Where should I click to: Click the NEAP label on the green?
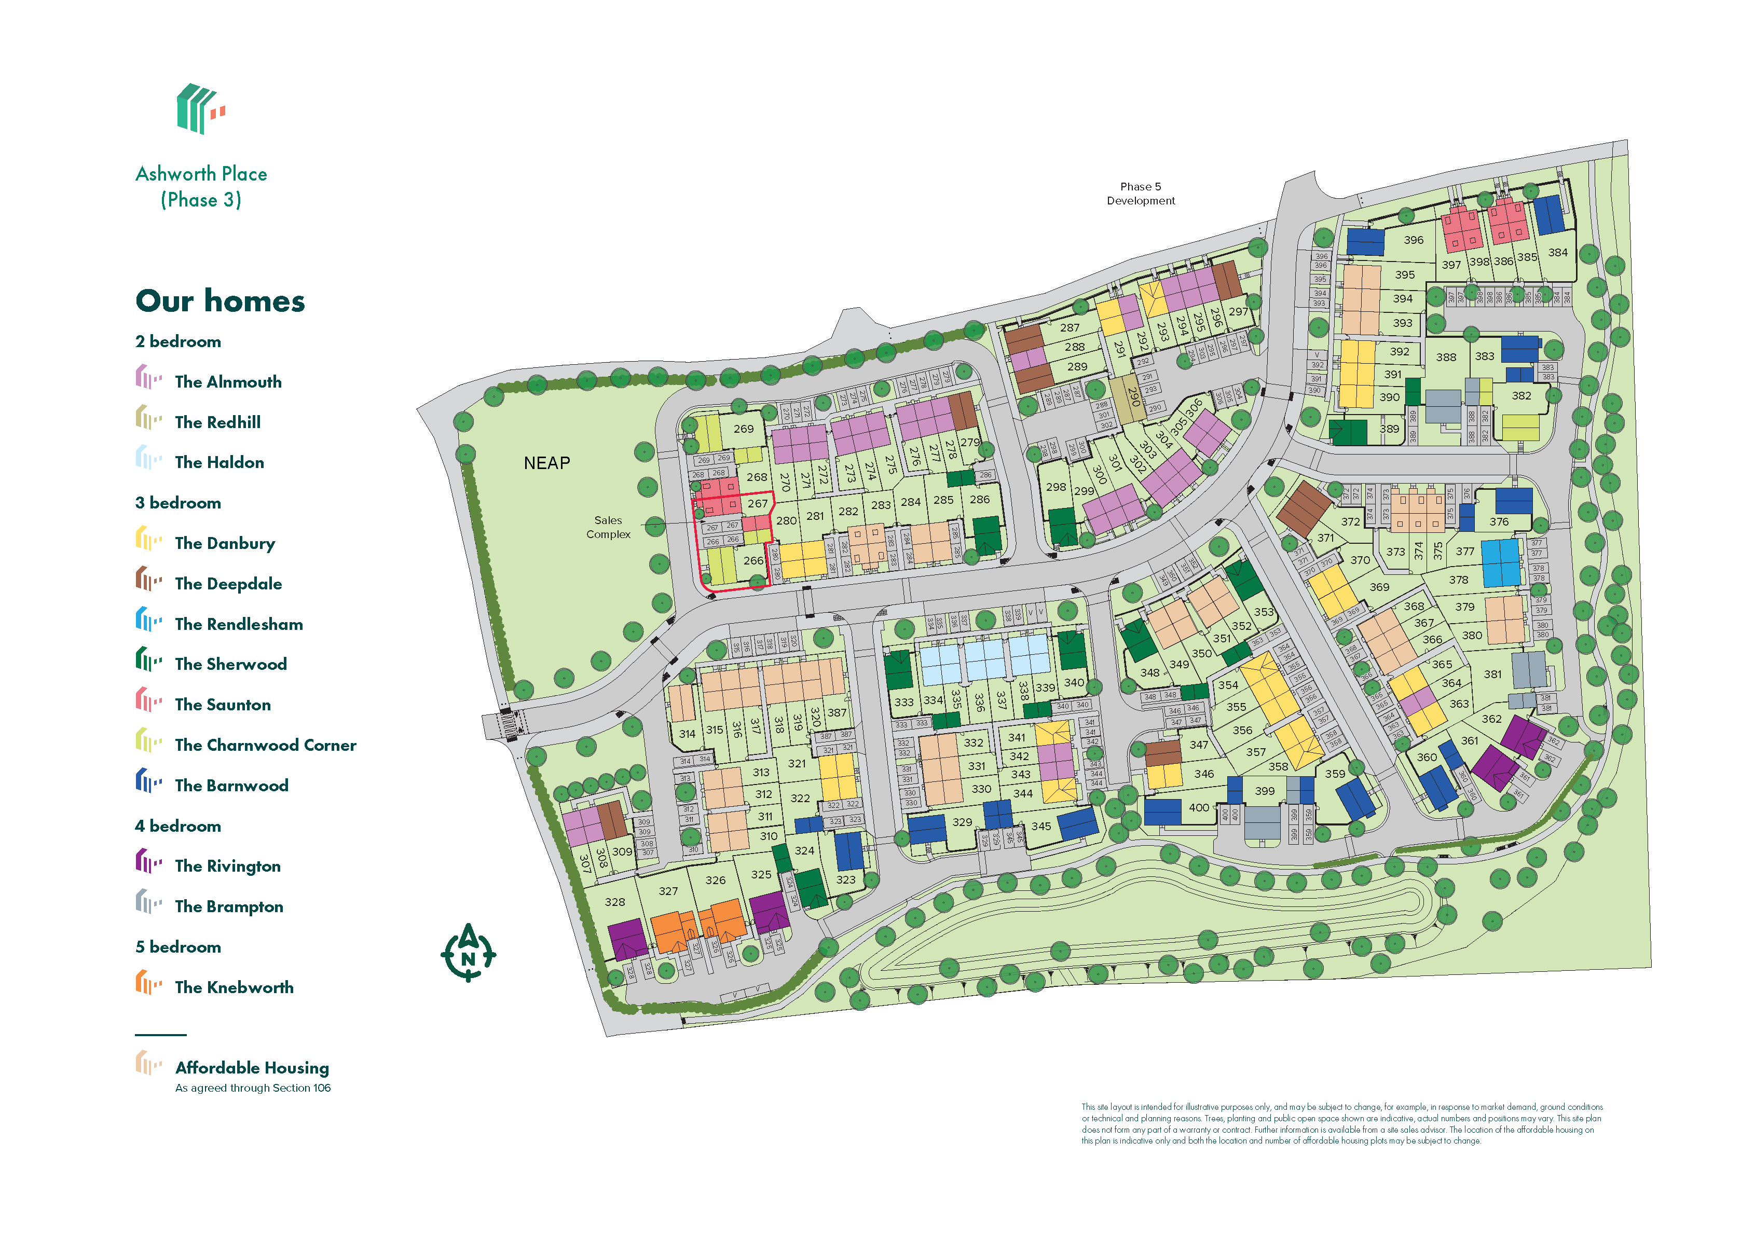[546, 463]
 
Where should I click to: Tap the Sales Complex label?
[608, 527]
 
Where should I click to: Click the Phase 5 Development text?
[1140, 194]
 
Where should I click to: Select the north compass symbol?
[468, 953]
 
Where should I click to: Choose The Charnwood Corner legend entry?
[265, 745]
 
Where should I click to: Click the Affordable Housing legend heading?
[252, 1067]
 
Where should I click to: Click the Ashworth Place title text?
[201, 174]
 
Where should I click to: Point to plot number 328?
[614, 902]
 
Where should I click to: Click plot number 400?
[1198, 807]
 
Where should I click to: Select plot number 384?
[1557, 252]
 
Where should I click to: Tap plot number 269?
[743, 429]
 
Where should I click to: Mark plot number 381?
[1492, 674]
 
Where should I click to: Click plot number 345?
[1040, 826]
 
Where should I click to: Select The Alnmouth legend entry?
[227, 382]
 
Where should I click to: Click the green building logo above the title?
[200, 109]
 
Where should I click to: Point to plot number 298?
[1055, 486]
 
